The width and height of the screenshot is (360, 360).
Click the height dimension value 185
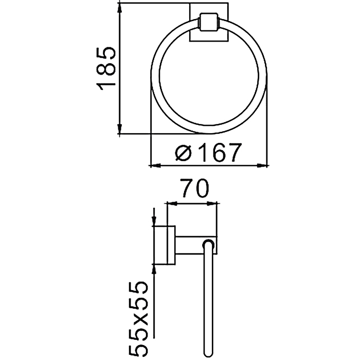106,68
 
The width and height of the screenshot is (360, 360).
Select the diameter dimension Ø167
207,153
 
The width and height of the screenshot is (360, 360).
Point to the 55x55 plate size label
139,319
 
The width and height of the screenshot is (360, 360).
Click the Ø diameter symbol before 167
183,153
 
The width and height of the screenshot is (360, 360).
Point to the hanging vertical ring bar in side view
210,298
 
